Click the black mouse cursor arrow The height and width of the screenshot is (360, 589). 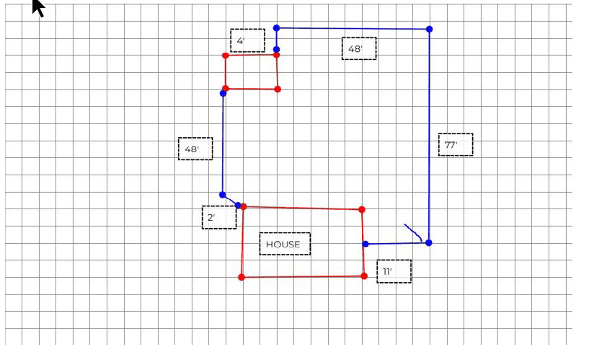click(x=38, y=7)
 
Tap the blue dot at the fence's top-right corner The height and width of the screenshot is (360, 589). click(x=430, y=29)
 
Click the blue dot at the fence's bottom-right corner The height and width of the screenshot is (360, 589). click(x=429, y=242)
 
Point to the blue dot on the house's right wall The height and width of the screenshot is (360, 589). click(x=366, y=244)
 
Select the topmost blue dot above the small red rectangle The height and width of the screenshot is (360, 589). click(x=276, y=28)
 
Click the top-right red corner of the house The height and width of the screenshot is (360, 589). click(x=362, y=209)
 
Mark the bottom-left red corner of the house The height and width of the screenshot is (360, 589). click(x=242, y=277)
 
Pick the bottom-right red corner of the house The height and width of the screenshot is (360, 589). click(x=364, y=276)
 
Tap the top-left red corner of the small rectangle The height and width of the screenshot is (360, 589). click(x=226, y=56)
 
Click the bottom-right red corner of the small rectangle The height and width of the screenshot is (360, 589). click(x=278, y=89)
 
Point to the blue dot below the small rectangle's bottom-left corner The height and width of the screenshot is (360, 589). click(x=223, y=93)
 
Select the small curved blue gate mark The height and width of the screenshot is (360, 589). click(x=414, y=231)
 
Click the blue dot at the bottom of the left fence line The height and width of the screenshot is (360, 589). click(x=222, y=195)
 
